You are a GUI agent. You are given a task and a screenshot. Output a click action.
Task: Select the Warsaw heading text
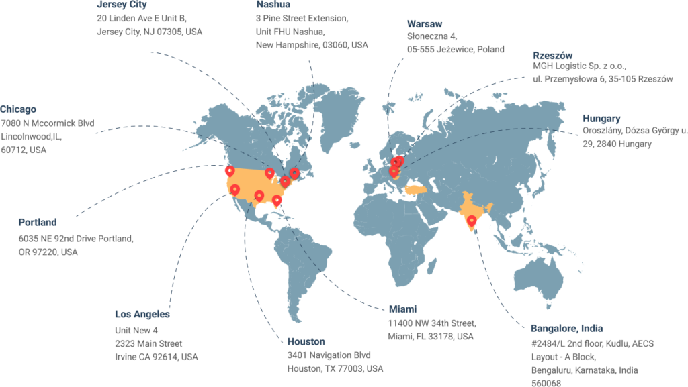[x=425, y=24]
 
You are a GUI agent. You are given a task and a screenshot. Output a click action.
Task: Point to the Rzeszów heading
[x=553, y=54]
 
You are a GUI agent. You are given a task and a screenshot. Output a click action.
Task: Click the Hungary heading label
[x=601, y=119]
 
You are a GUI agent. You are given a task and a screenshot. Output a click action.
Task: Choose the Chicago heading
[x=19, y=109]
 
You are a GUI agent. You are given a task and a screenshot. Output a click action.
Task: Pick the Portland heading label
[x=38, y=222]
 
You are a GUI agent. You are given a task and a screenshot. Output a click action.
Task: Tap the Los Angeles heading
[x=142, y=314]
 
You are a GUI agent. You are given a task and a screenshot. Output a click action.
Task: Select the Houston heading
[x=306, y=341]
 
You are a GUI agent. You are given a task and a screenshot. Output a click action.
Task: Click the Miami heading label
[x=404, y=309]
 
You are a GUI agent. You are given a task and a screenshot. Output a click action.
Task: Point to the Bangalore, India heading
[x=566, y=329]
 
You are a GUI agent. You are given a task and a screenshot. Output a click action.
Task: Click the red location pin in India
[x=472, y=220]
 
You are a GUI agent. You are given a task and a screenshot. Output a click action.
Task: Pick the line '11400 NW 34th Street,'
[x=432, y=323]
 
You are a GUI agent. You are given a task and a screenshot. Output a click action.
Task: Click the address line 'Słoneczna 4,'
[x=432, y=36]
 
